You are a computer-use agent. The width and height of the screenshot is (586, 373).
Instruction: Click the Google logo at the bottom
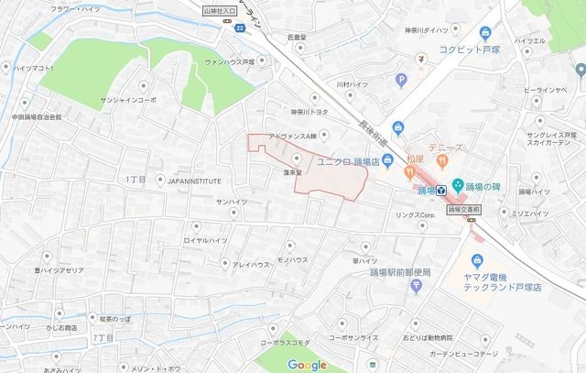[307, 365]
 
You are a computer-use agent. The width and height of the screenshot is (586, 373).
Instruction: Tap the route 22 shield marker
[239, 28]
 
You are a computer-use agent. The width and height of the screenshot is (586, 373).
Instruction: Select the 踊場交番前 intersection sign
[466, 210]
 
